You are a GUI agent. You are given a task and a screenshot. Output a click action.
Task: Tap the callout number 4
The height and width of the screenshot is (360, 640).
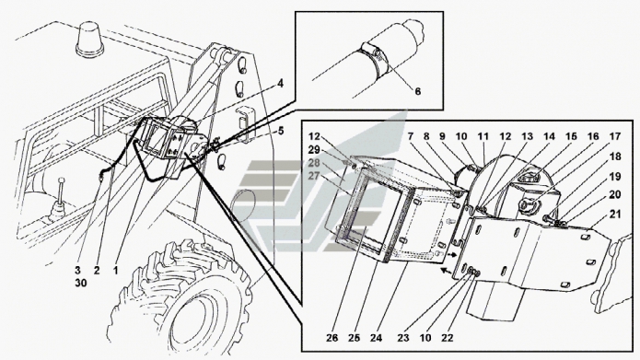pos(280,84)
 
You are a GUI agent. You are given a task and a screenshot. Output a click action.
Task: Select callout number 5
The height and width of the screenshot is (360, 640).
pos(281,131)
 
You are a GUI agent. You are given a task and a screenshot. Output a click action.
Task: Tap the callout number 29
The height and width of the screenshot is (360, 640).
pos(314,149)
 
